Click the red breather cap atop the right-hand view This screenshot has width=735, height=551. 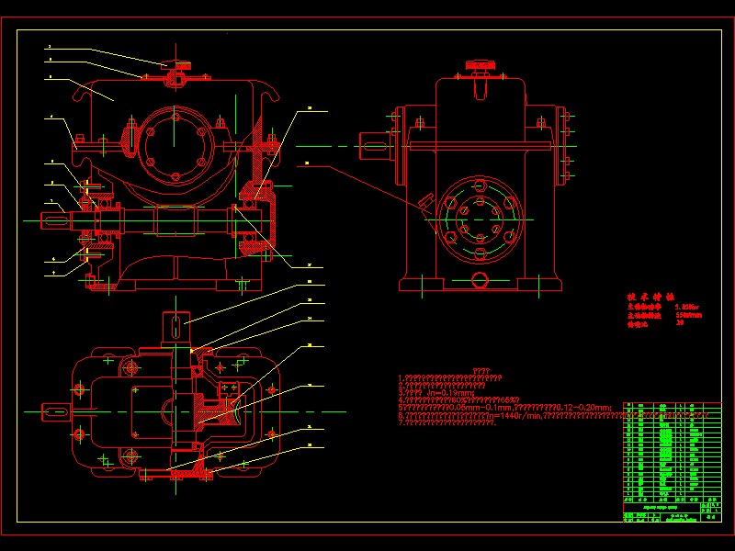click(480, 65)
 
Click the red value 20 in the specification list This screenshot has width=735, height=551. click(679, 323)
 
